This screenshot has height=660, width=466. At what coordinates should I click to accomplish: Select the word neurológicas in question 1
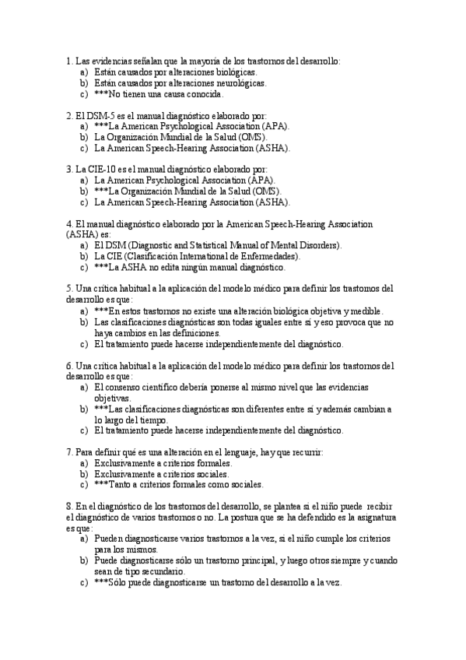pos(239,82)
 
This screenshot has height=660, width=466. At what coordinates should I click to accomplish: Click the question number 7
pos(70,451)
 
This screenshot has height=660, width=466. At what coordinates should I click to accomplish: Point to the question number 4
pos(69,223)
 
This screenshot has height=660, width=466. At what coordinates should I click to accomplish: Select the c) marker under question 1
pos(83,94)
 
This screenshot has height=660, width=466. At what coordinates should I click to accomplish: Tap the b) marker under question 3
pos(83,190)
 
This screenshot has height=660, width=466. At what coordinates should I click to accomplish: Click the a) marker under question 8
pos(83,539)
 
